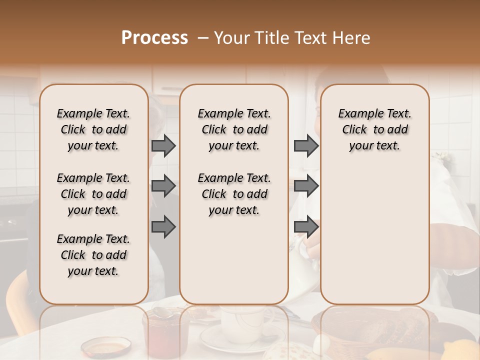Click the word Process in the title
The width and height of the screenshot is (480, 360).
click(154, 38)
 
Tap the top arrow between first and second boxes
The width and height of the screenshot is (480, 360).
click(163, 146)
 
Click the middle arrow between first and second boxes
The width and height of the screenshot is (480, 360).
click(163, 186)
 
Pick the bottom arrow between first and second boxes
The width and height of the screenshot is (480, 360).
click(163, 227)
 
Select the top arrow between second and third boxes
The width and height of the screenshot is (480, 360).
click(306, 146)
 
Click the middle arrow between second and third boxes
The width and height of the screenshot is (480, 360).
click(306, 186)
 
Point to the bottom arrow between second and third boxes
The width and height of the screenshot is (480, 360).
click(306, 227)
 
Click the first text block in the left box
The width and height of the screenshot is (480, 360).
click(93, 129)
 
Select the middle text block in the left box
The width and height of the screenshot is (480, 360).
click(93, 194)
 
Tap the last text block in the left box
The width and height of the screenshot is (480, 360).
click(93, 255)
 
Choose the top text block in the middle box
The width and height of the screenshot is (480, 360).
click(234, 129)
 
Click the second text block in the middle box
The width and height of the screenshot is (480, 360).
click(234, 194)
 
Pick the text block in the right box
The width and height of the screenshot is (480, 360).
click(375, 129)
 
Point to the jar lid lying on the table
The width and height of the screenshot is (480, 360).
click(106, 346)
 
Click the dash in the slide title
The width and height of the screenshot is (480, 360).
click(203, 38)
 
